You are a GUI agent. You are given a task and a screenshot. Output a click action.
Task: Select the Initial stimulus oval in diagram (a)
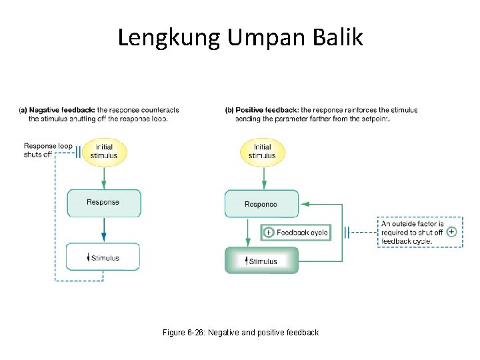click(x=104, y=151)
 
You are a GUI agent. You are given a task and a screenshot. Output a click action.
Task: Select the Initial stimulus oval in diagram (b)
click(x=262, y=151)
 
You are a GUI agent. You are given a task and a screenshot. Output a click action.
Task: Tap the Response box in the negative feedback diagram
click(x=103, y=203)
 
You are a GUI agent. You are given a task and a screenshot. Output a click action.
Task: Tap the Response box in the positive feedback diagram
click(x=261, y=204)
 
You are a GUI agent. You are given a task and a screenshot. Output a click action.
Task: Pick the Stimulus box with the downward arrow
click(x=103, y=257)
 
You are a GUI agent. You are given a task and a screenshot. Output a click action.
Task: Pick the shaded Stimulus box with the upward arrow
click(x=261, y=261)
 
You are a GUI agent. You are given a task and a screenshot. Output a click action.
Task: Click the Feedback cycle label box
click(x=295, y=232)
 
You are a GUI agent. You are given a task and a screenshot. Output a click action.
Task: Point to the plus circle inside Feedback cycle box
click(x=268, y=232)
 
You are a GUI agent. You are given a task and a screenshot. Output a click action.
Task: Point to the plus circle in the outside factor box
click(x=451, y=231)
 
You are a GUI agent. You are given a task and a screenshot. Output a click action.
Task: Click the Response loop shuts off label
click(x=47, y=150)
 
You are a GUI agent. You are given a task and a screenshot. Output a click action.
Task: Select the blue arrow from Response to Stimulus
click(x=103, y=230)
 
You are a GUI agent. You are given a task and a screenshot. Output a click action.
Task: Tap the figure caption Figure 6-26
click(x=240, y=332)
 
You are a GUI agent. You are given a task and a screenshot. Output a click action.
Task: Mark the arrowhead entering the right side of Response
click(x=304, y=203)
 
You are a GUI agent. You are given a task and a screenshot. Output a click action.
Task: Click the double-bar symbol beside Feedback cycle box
click(x=347, y=232)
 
